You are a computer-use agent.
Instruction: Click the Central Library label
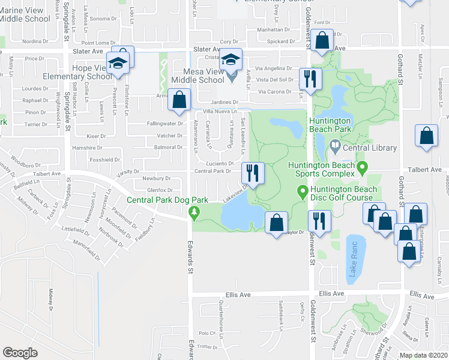370,148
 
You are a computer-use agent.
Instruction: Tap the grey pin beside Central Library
334,146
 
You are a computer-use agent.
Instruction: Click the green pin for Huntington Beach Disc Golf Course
303,192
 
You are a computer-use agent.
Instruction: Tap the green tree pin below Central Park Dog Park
193,212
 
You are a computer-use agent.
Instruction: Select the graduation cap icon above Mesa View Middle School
230,59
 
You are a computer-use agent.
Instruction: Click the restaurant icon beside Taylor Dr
319,220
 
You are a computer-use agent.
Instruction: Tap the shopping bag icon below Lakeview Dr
276,223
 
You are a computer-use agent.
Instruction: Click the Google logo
20,353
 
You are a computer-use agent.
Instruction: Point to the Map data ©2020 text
423,356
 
